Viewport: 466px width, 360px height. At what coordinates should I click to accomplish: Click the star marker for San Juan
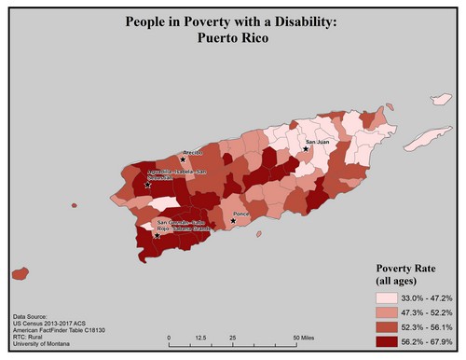pyautogui.click(x=307, y=149)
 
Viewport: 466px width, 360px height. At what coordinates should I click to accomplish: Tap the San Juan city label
pyautogui.click(x=318, y=143)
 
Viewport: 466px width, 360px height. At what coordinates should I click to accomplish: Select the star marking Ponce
pyautogui.click(x=233, y=221)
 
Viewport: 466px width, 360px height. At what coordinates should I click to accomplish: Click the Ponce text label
pyautogui.click(x=241, y=215)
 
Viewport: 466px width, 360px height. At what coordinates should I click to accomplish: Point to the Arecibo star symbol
pyautogui.click(x=183, y=159)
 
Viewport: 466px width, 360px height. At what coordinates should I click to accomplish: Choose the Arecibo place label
pyautogui.click(x=193, y=151)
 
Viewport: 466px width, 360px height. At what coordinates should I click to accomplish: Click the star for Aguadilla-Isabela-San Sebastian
pyautogui.click(x=148, y=186)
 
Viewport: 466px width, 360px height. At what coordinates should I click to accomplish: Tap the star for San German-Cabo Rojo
pyautogui.click(x=158, y=236)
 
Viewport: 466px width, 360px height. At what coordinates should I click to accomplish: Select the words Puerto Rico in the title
pyautogui.click(x=232, y=40)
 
